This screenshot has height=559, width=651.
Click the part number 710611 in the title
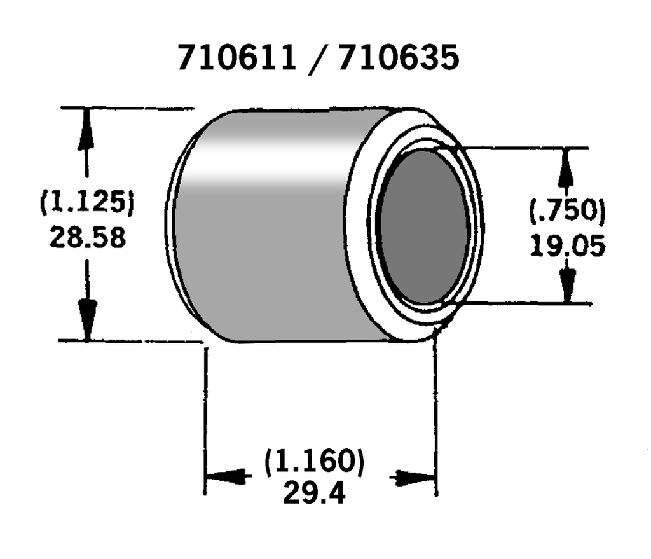tap(236, 59)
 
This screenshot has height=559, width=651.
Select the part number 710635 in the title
tap(398, 59)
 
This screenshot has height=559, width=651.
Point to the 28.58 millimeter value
tap(87, 238)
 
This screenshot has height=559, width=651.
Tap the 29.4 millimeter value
tap(315, 493)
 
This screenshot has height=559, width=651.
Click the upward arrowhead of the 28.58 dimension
tap(86, 134)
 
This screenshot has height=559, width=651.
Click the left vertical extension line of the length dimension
tap(205, 413)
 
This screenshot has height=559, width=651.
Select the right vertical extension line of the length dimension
tap(437, 413)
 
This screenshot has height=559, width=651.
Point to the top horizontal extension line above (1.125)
tap(127, 109)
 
